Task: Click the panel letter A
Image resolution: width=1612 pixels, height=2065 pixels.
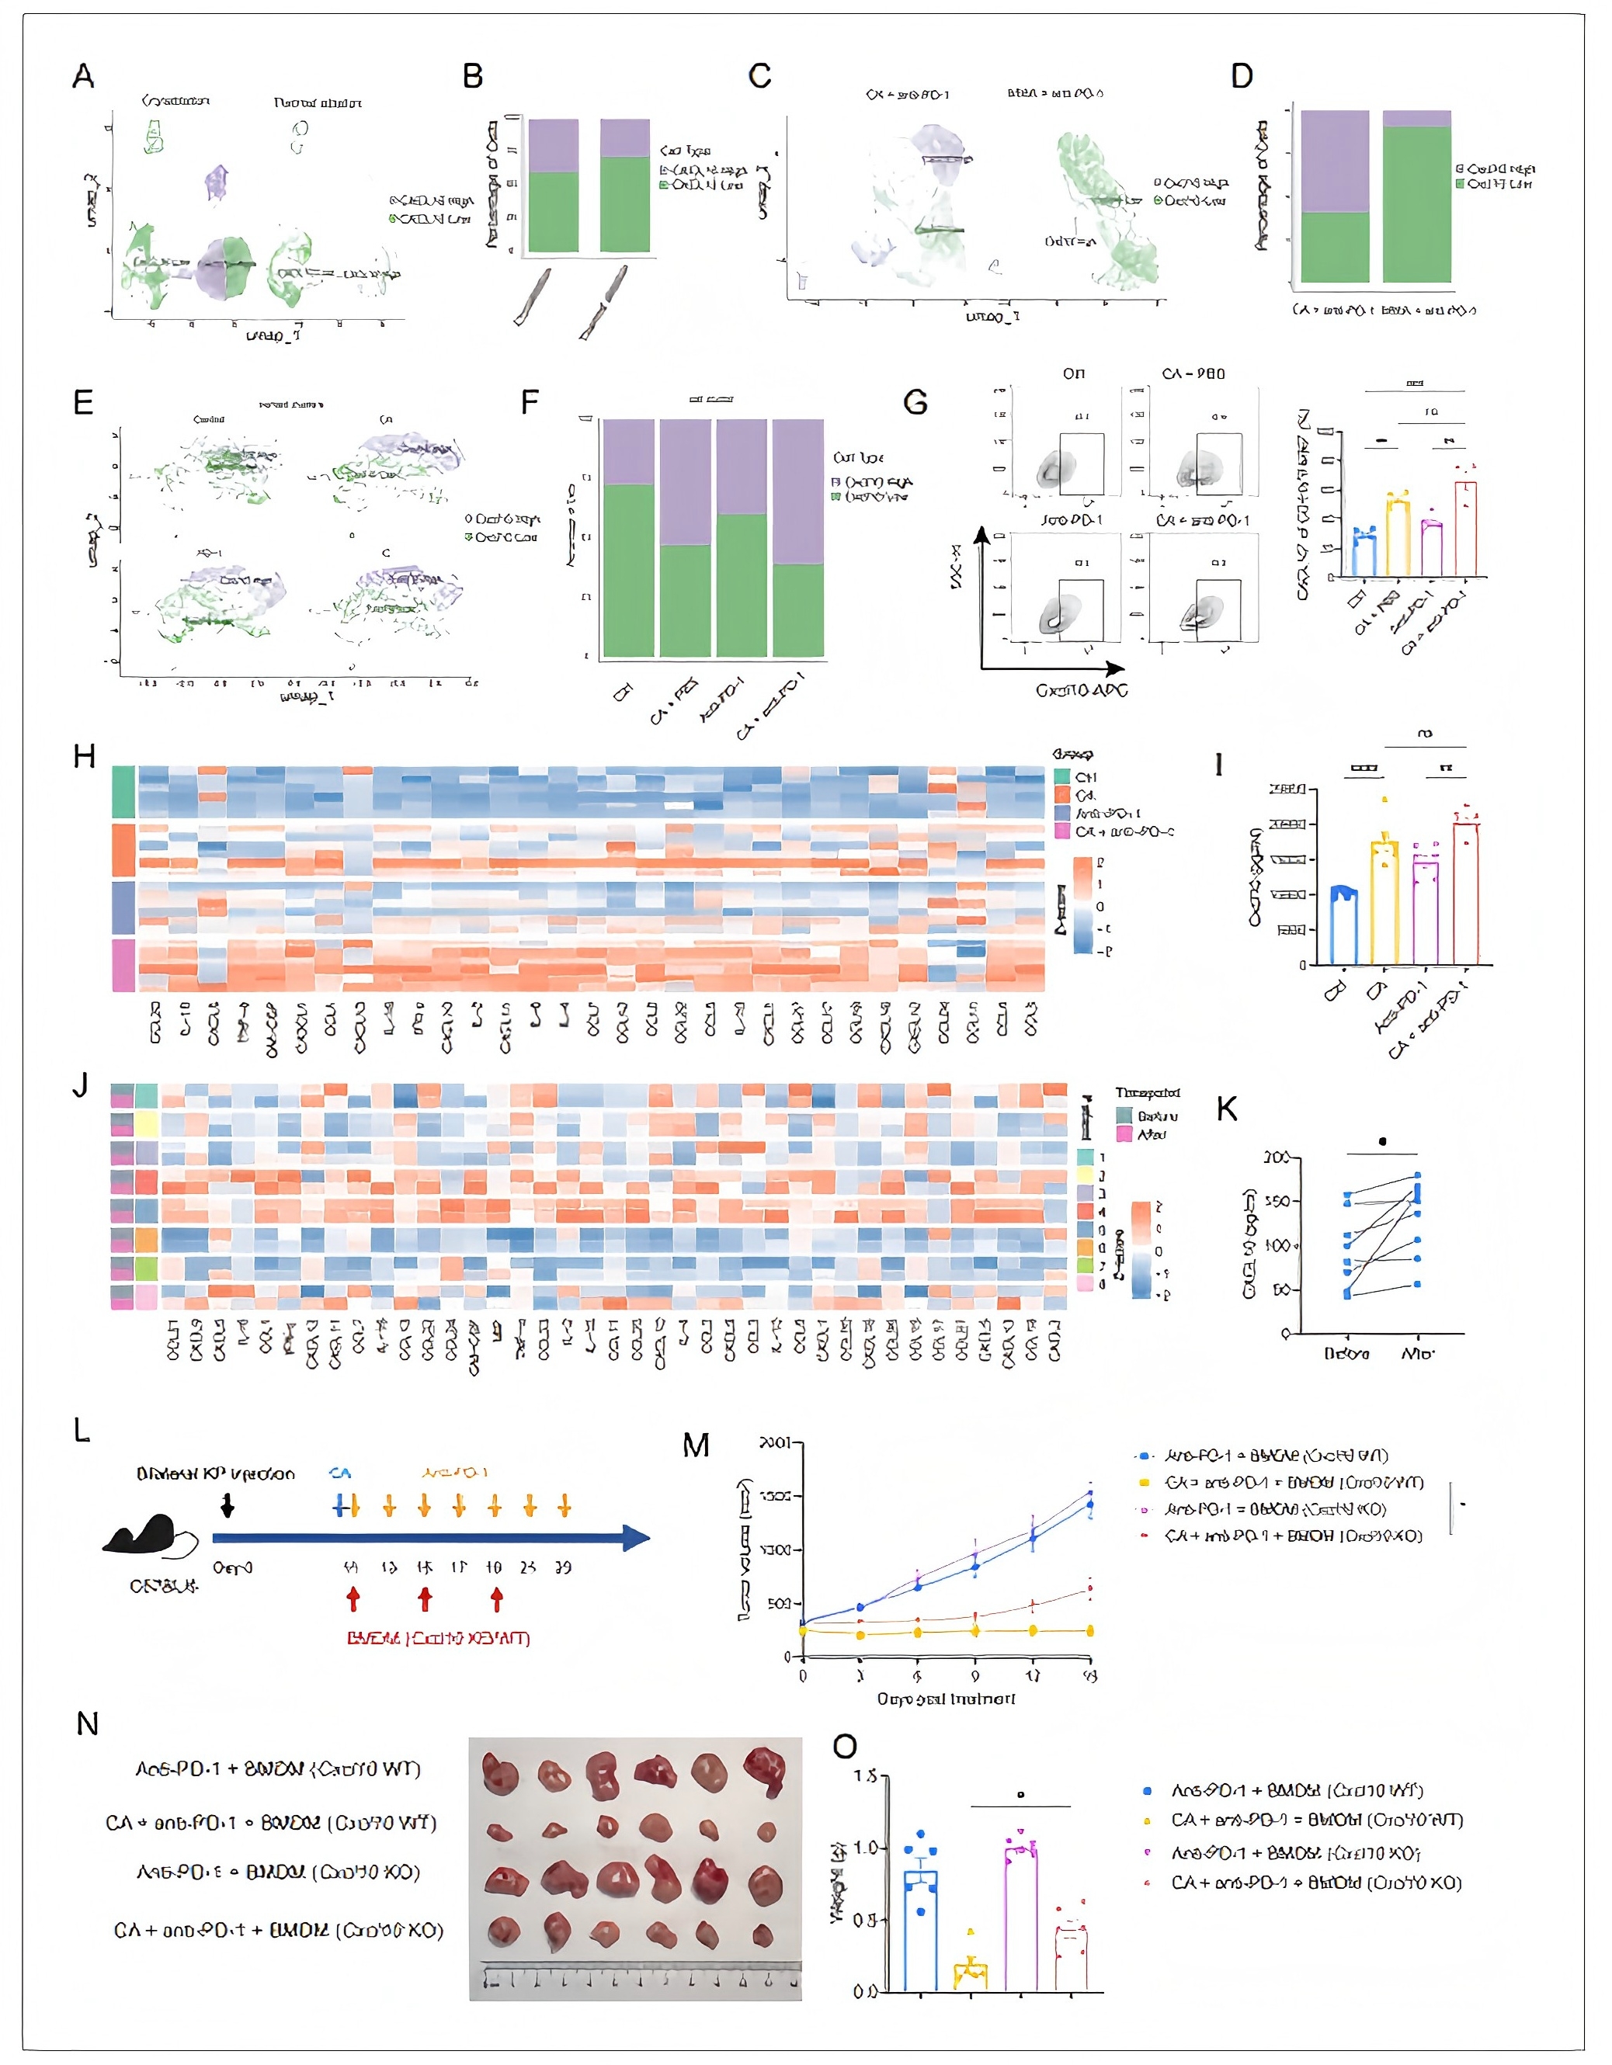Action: [x=83, y=75]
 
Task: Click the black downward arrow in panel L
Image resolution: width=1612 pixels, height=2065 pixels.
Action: [x=227, y=1505]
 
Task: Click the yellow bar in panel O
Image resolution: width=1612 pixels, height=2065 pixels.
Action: [x=970, y=1976]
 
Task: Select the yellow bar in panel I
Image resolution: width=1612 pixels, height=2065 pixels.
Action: [x=1384, y=903]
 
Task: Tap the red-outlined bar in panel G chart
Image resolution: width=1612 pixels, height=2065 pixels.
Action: [x=1465, y=529]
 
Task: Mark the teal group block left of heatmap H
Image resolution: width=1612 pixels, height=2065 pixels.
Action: [x=123, y=791]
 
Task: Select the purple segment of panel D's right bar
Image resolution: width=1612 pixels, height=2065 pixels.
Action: [x=1416, y=118]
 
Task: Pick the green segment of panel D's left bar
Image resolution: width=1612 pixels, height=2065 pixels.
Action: [x=1334, y=247]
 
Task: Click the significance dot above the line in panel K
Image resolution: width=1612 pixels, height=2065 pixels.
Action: [x=1382, y=1141]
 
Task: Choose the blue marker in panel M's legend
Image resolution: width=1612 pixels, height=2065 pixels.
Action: [x=1145, y=1457]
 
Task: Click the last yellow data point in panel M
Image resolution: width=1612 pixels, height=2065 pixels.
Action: [x=1090, y=1630]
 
